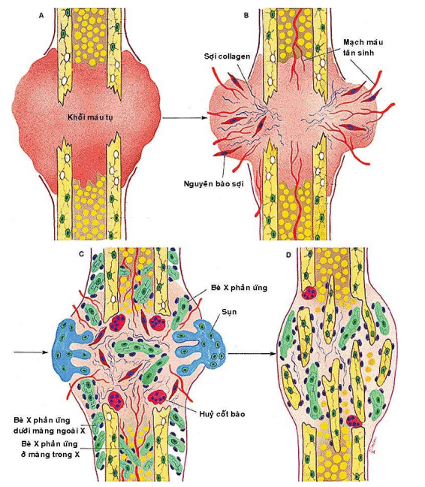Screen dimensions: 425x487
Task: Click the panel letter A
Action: click(41, 15)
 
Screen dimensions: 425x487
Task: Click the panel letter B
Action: click(246, 15)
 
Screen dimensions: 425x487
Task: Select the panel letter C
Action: click(82, 254)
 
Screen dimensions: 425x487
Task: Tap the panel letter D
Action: click(288, 255)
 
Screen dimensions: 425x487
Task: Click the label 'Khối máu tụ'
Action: click(90, 117)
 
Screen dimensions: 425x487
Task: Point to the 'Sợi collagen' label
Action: click(227, 56)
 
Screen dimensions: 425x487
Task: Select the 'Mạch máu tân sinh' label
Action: click(363, 47)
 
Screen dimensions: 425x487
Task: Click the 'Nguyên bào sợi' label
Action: click(214, 183)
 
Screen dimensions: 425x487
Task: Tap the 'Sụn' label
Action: click(229, 312)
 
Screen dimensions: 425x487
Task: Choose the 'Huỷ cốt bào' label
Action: click(222, 413)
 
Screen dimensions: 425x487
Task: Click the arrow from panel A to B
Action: click(185, 118)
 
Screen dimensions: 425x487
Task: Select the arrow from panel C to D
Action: click(252, 353)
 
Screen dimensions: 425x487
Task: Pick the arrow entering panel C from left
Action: click(32, 352)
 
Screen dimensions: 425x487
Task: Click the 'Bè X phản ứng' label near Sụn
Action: click(239, 288)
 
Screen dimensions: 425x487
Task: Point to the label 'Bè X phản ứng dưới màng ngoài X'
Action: click(50, 425)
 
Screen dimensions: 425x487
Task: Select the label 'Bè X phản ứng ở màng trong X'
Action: click(50, 449)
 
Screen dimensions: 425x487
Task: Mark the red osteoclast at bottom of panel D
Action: click(354, 422)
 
